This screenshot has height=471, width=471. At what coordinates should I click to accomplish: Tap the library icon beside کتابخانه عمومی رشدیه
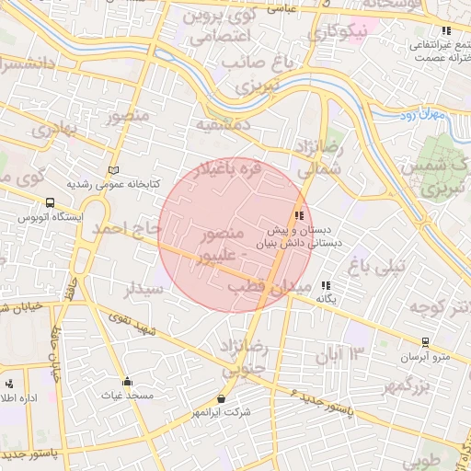[114, 170]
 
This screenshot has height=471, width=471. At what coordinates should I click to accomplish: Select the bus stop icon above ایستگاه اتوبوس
[49, 203]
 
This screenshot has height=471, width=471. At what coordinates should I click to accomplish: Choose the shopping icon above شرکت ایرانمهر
[221, 399]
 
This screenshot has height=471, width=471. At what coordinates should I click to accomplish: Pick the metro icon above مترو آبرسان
[425, 342]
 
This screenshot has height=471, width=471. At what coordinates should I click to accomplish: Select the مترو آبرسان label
[425, 355]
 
